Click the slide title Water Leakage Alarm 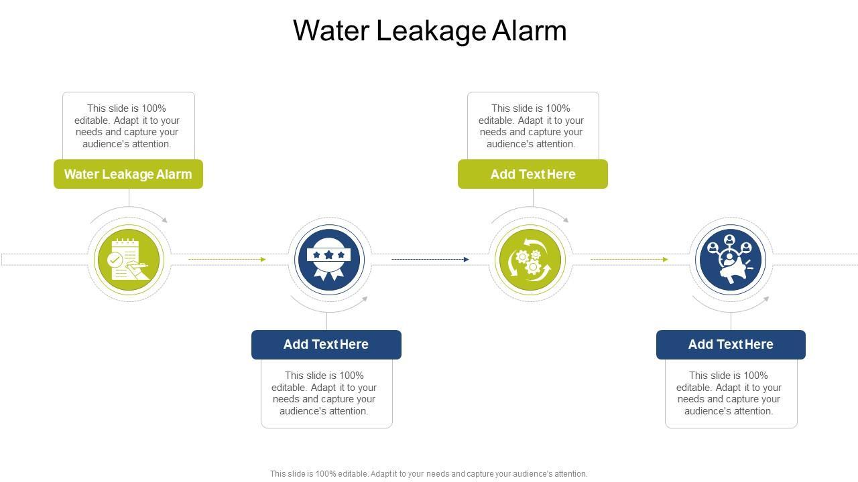tap(430, 31)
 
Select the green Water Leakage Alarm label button tap(128, 174)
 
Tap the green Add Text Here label tap(533, 174)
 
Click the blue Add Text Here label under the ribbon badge tap(326, 345)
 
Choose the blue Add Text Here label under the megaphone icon tap(731, 345)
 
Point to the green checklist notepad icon tap(127, 260)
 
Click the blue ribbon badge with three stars tap(328, 260)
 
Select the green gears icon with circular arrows tap(530, 260)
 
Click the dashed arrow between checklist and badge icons tap(227, 259)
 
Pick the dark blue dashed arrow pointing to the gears tap(430, 259)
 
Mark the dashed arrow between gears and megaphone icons tap(629, 259)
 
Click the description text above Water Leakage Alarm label tap(127, 126)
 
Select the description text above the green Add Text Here tap(532, 126)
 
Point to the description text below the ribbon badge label tap(324, 394)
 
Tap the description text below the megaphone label tap(729, 394)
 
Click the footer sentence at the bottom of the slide tap(429, 473)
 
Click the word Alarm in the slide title tap(529, 31)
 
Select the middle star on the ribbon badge tap(328, 255)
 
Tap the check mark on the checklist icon tap(115, 259)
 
